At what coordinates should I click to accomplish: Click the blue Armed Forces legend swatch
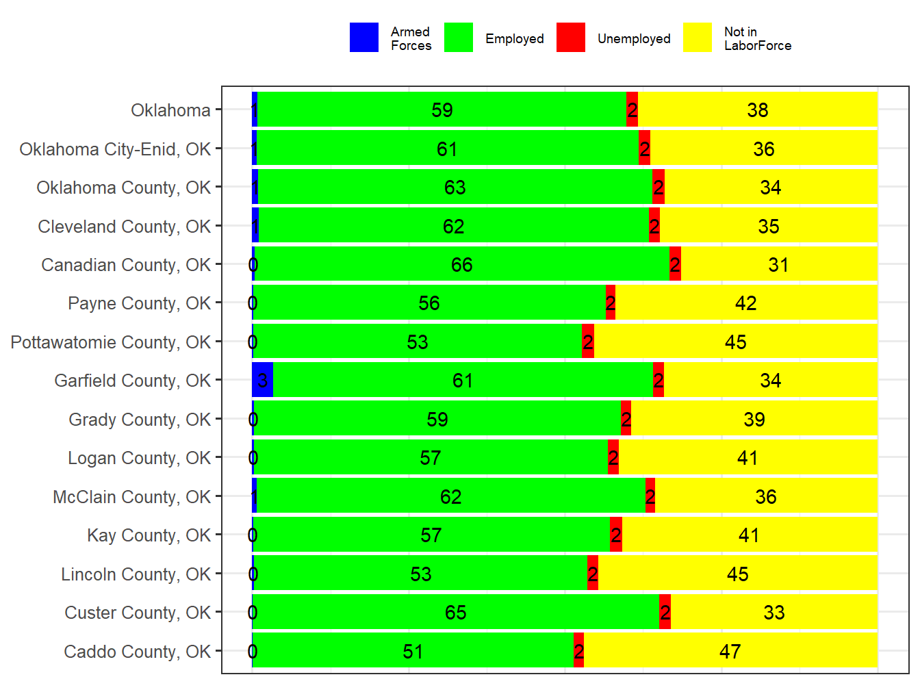click(363, 38)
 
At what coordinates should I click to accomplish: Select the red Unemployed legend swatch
click(570, 38)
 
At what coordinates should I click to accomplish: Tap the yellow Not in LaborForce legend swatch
click(697, 38)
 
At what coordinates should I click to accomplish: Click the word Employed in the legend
click(514, 39)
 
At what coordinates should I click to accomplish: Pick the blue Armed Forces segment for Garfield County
click(262, 380)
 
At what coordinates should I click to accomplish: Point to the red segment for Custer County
click(665, 612)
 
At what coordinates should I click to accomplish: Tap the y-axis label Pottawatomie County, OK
click(110, 342)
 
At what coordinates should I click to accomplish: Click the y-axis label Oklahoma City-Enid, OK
click(115, 149)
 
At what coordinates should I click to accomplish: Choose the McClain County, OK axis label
click(131, 497)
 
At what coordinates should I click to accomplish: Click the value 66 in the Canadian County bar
click(461, 265)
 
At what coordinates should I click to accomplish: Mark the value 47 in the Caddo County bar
click(730, 651)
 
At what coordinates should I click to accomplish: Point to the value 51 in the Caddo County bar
click(413, 651)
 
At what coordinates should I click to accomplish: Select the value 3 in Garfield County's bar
click(262, 381)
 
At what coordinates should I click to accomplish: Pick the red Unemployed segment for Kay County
click(615, 535)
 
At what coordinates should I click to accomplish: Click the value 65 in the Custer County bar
click(455, 613)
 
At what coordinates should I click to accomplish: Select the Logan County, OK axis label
click(139, 458)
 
